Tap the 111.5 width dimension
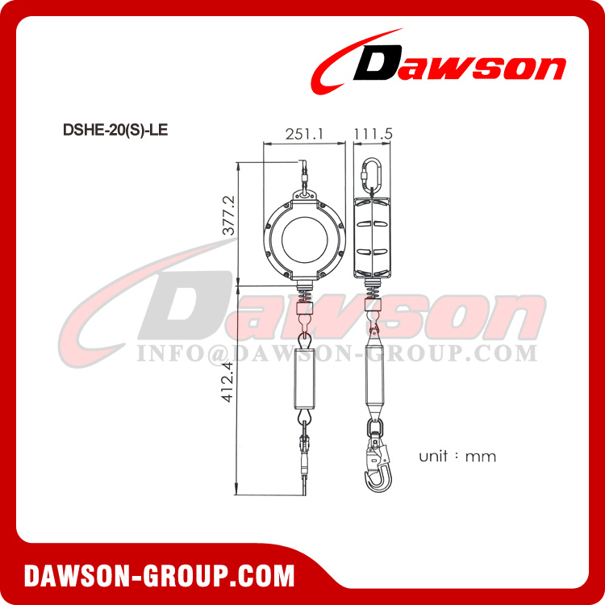[x=372, y=133]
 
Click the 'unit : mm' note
[x=457, y=457]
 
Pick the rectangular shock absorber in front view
[x=305, y=379]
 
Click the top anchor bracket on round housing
[x=305, y=194]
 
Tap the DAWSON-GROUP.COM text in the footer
[x=159, y=575]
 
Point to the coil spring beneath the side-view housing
[x=373, y=294]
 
